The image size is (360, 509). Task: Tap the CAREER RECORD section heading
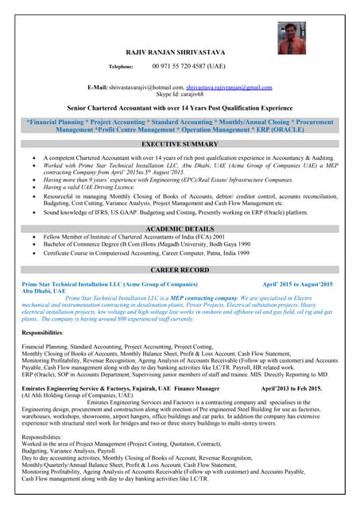180,270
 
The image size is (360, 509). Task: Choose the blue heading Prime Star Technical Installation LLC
109,284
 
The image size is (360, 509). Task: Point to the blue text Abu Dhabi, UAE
44,291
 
